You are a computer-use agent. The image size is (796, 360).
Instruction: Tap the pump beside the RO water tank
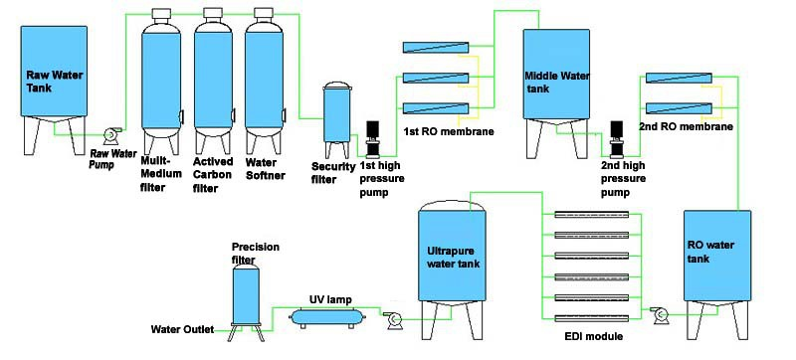point(659,316)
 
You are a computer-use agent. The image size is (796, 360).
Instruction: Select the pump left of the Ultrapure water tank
point(393,318)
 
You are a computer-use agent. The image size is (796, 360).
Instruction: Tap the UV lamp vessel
point(325,316)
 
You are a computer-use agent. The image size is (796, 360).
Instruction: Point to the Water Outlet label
point(181,329)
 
